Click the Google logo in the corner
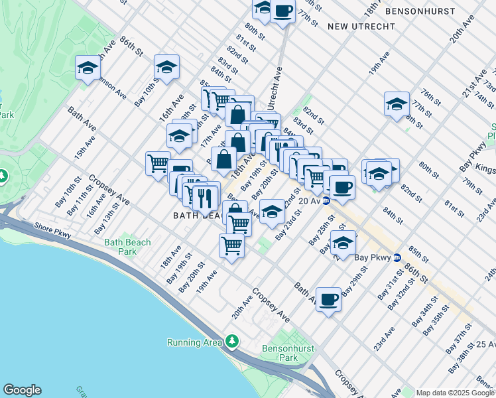(x=22, y=390)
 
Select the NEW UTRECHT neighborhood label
(x=361, y=27)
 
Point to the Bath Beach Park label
(x=127, y=247)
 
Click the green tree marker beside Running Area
(x=231, y=342)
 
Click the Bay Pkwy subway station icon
(x=397, y=257)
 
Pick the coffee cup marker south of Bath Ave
(x=328, y=300)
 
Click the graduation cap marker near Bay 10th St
(x=167, y=67)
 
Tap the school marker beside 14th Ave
(x=88, y=68)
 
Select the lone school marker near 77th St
(x=397, y=104)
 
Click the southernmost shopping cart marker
(x=232, y=245)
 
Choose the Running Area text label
(x=193, y=342)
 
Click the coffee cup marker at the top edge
(x=282, y=11)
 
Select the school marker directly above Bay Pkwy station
(x=343, y=242)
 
